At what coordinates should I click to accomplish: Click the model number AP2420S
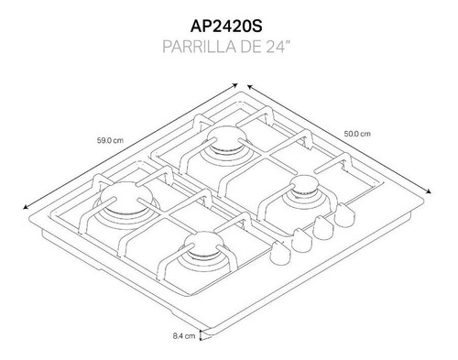(226, 27)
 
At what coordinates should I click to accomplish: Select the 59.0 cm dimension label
(110, 140)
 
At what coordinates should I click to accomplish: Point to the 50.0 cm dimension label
(357, 134)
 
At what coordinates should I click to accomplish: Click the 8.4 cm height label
(184, 336)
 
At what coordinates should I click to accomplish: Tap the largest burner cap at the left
(125, 197)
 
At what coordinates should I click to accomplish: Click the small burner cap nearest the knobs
(304, 186)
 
